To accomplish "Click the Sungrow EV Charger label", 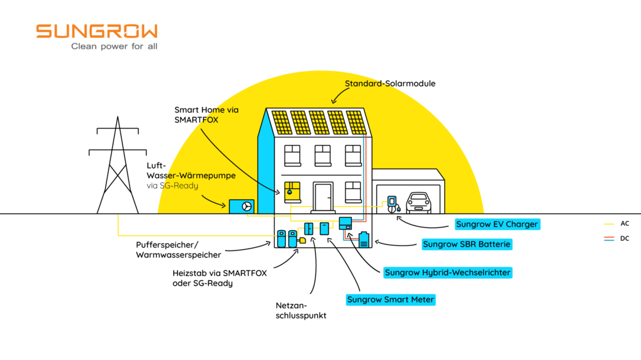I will (x=497, y=224).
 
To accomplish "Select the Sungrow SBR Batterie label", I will (x=467, y=244).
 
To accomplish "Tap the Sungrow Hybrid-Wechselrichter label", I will (x=448, y=273).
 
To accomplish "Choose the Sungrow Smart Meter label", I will (x=390, y=300).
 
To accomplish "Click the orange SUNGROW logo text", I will (x=97, y=31).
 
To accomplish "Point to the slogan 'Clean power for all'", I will (x=114, y=47).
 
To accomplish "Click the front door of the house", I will (x=322, y=196).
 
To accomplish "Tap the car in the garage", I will (x=418, y=202).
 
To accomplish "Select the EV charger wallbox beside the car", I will (x=392, y=202).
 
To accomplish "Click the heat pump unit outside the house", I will (x=242, y=206).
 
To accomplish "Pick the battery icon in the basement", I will (x=364, y=240).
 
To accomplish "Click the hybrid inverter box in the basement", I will (x=345, y=223).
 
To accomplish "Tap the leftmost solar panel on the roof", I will (x=280, y=122).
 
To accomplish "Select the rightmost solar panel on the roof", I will (x=355, y=122).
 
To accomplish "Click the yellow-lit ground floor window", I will (x=292, y=190).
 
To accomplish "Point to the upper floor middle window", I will (x=322, y=155).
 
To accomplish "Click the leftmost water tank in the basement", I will (x=281, y=238).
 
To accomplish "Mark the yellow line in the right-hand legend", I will (x=609, y=224).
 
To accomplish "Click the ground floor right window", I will (x=353, y=191).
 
